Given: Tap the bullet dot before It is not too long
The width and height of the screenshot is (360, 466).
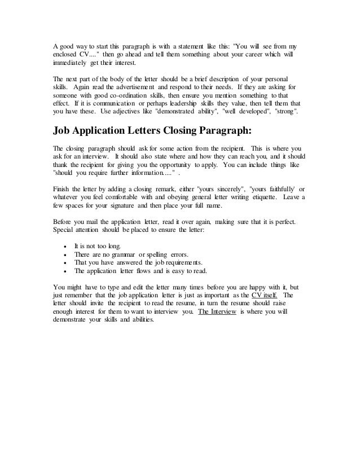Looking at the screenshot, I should point(67,247).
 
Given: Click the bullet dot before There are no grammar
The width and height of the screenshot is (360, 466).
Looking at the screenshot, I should point(67,255).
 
